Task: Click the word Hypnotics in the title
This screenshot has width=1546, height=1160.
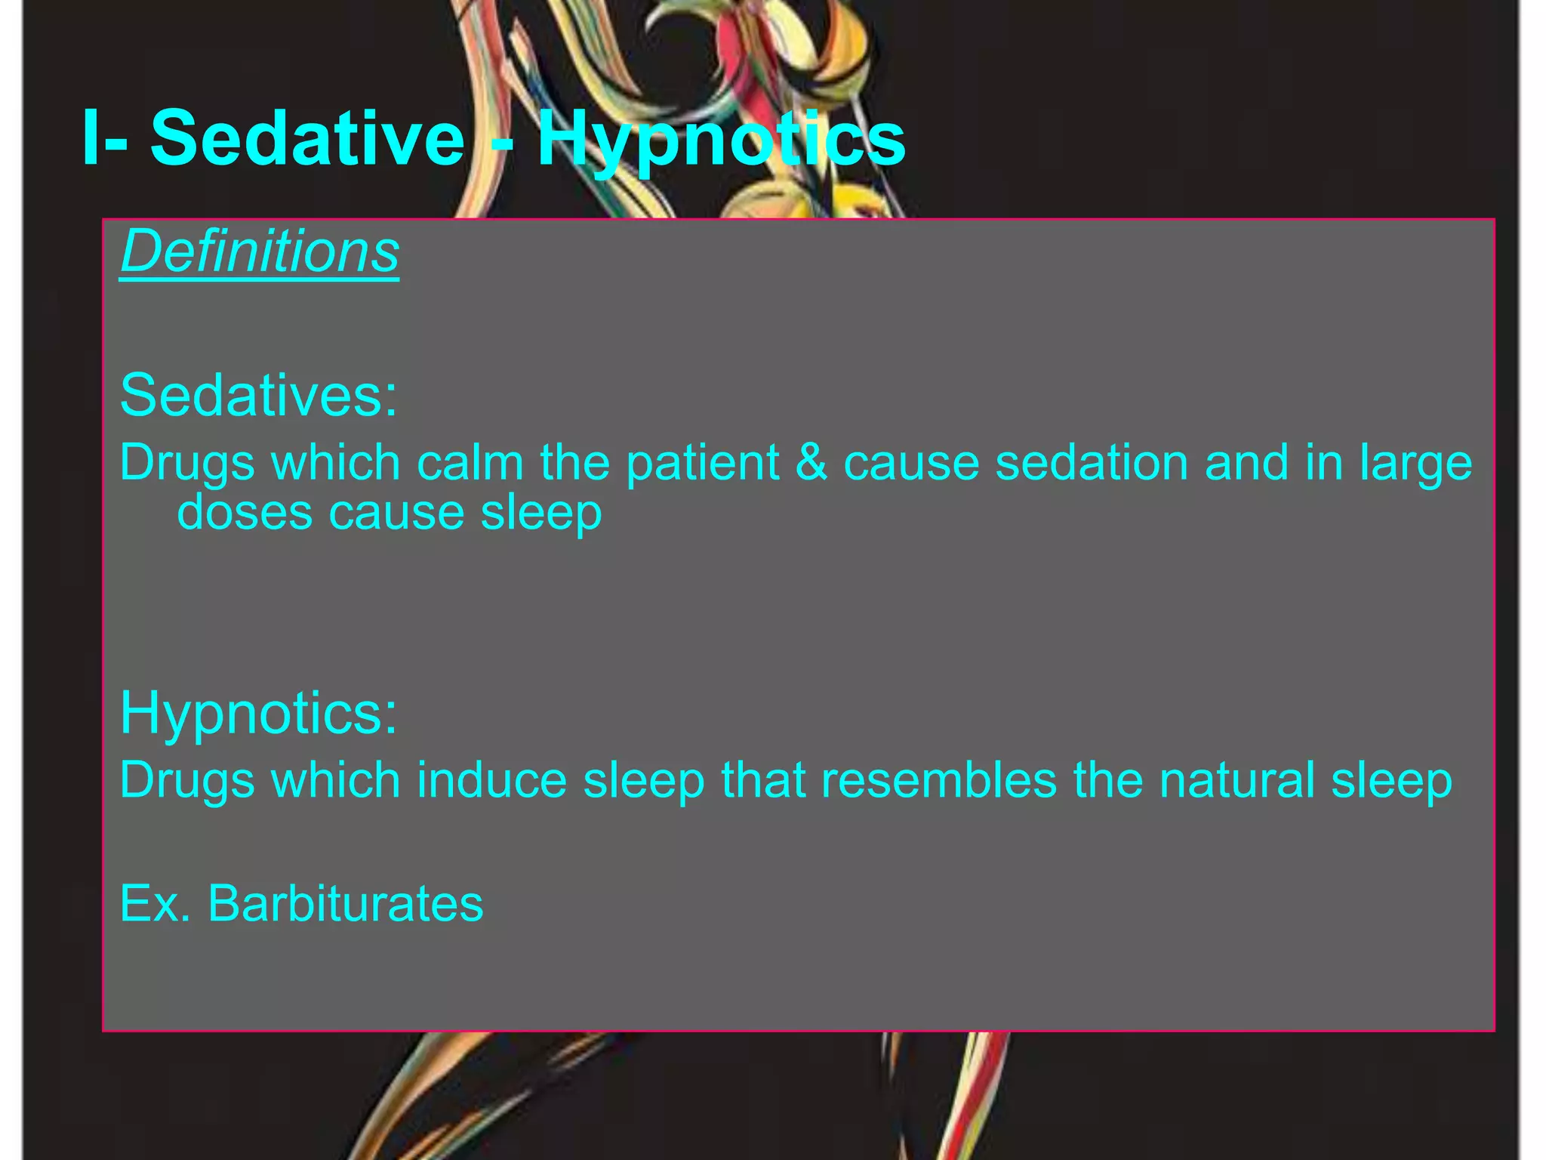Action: tap(721, 140)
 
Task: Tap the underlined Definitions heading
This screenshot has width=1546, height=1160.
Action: tap(260, 251)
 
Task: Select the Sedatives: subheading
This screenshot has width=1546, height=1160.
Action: tap(258, 394)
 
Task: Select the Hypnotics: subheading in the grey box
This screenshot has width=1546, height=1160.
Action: tap(258, 712)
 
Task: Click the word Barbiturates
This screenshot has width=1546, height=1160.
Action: tap(345, 903)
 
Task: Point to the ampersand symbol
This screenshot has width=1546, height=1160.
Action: tap(811, 462)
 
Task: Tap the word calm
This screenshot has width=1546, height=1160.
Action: tap(470, 462)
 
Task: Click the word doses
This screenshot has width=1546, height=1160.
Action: tap(245, 513)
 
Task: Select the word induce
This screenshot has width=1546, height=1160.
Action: tap(491, 780)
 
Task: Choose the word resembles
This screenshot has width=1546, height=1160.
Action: tap(938, 780)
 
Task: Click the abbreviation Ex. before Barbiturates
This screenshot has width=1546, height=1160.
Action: tap(155, 903)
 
